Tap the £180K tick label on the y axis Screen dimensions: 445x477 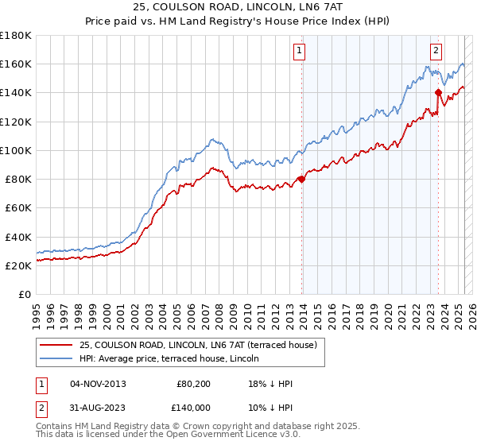[x=17, y=35]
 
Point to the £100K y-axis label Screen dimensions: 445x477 [x=17, y=150]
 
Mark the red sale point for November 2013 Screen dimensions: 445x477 [x=301, y=179]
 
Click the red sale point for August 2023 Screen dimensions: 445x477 [x=438, y=92]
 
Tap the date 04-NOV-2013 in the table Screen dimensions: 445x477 [x=98, y=384]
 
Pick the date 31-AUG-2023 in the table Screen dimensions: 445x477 [x=98, y=407]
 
